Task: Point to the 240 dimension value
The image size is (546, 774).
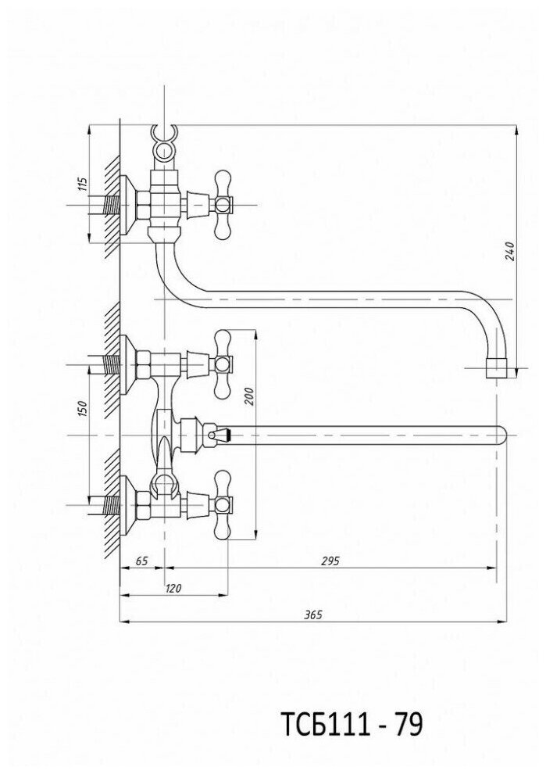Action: (509, 252)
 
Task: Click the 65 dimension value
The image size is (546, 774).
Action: (141, 561)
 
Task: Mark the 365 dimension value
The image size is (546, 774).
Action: (312, 615)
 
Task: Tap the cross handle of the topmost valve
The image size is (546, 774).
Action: (223, 206)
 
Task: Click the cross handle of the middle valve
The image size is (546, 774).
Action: (223, 364)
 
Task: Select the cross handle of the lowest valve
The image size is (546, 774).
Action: (223, 505)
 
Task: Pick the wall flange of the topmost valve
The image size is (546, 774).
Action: (127, 206)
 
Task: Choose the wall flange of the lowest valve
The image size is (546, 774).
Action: (127, 505)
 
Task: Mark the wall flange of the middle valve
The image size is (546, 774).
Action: (127, 364)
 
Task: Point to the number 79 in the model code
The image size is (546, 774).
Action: (407, 726)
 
